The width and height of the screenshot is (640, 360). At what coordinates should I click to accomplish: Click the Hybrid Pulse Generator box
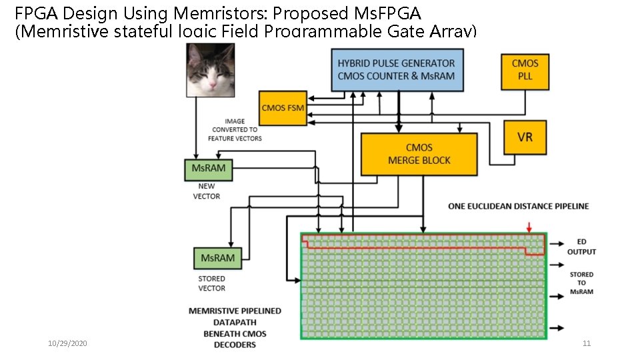click(x=397, y=70)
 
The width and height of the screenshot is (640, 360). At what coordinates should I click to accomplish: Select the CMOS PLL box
click(x=525, y=70)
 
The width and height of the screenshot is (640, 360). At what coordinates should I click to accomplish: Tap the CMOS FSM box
click(x=283, y=108)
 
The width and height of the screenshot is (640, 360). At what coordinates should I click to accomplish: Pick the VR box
click(x=525, y=137)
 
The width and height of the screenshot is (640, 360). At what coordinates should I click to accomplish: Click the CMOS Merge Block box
click(x=419, y=154)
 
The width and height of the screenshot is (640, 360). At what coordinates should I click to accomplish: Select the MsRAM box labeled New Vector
click(x=208, y=169)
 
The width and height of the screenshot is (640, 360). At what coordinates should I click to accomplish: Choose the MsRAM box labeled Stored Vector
click(x=217, y=258)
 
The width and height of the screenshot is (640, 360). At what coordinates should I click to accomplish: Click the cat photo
click(x=210, y=70)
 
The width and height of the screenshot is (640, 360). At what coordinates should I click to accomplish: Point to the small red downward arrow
click(x=529, y=227)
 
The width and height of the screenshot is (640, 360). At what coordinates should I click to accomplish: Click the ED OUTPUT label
click(x=581, y=247)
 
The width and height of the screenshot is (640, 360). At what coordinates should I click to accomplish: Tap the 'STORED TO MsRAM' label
click(x=581, y=283)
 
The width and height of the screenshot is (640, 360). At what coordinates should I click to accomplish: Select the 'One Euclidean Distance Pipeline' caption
click(x=518, y=206)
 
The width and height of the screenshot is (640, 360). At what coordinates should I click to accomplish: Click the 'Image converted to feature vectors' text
click(x=234, y=130)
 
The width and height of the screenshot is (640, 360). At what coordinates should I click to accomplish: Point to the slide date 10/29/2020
click(x=67, y=343)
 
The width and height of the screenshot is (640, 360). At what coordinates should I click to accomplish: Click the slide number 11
click(x=587, y=343)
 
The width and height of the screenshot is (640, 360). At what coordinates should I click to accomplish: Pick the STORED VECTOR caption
click(x=211, y=283)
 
